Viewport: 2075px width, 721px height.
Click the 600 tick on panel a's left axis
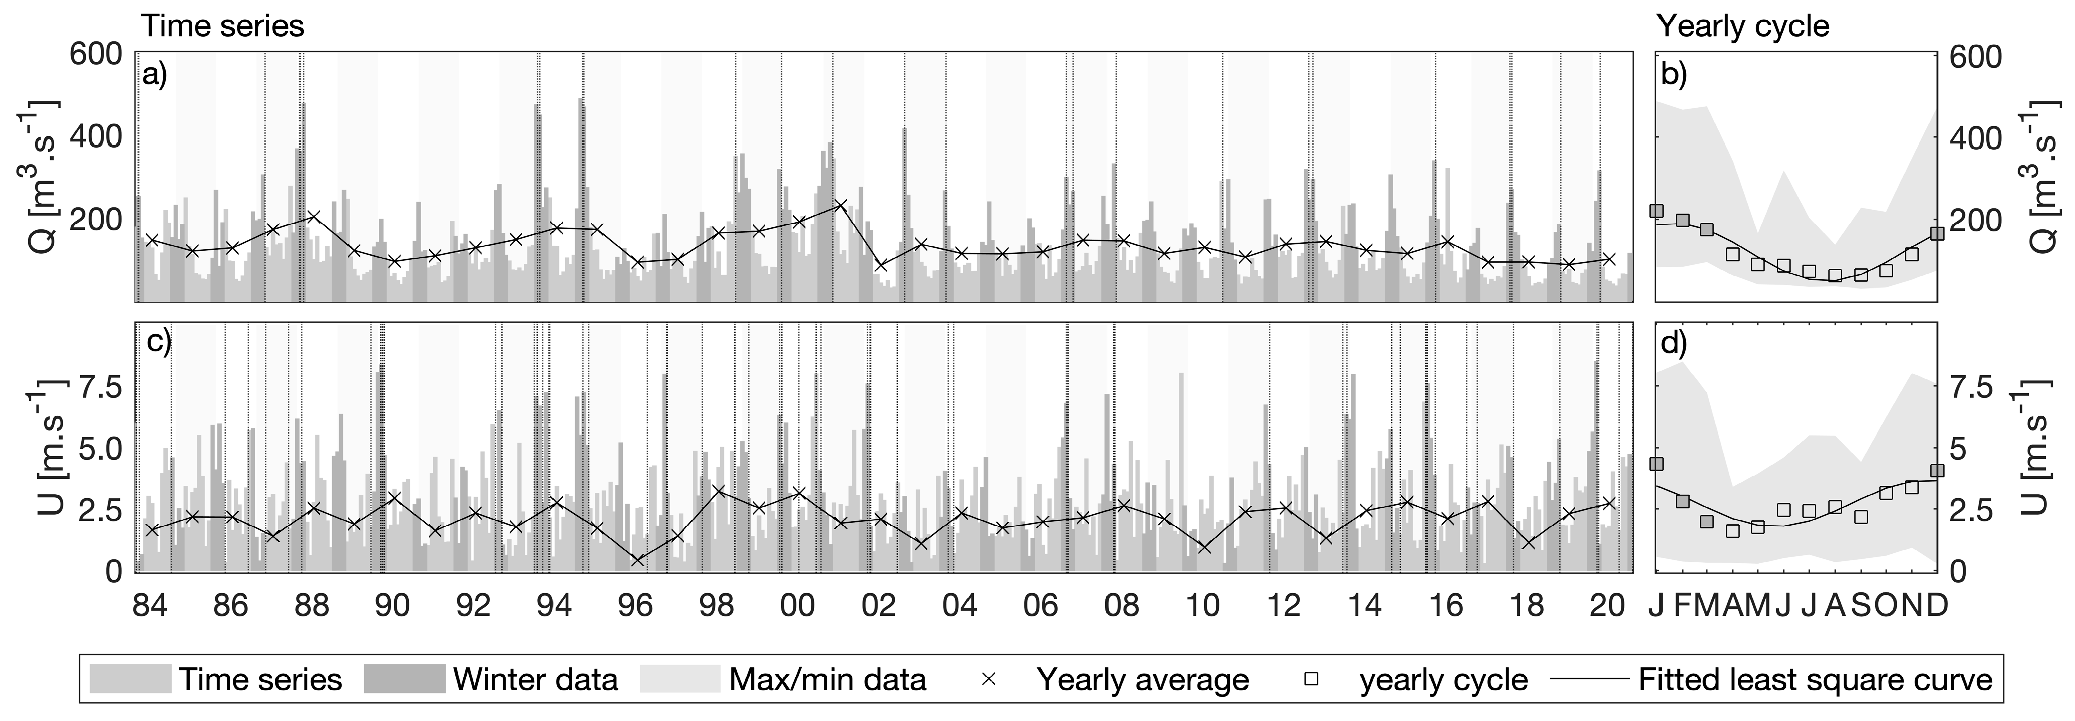[95, 55]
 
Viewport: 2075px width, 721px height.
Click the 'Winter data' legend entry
[535, 680]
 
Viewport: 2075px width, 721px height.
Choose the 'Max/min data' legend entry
[827, 680]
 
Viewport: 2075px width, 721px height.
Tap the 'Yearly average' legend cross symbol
[989, 680]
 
